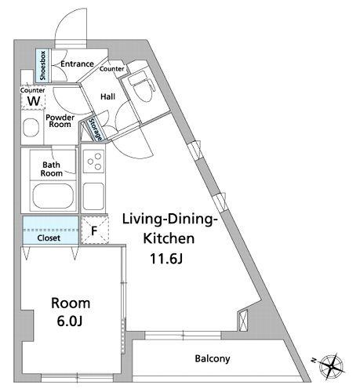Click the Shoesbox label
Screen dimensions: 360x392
point(42,66)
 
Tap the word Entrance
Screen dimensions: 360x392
point(77,64)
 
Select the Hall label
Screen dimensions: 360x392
point(108,96)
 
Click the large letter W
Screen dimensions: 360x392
point(34,101)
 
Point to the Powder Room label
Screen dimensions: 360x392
point(60,121)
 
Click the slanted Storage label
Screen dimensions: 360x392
point(95,129)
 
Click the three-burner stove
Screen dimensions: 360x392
point(94,162)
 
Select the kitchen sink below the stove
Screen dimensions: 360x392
point(93,196)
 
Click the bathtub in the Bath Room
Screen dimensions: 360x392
point(53,196)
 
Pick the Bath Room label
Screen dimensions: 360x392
point(52,169)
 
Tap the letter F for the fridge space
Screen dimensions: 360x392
point(94,230)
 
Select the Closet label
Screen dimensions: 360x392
point(49,238)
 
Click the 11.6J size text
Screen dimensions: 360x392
point(166,259)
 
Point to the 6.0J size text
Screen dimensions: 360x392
point(70,321)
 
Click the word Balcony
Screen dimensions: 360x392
point(213,358)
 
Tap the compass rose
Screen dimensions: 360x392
point(332,366)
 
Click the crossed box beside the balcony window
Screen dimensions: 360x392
point(243,320)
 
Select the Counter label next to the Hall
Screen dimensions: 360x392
point(111,69)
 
